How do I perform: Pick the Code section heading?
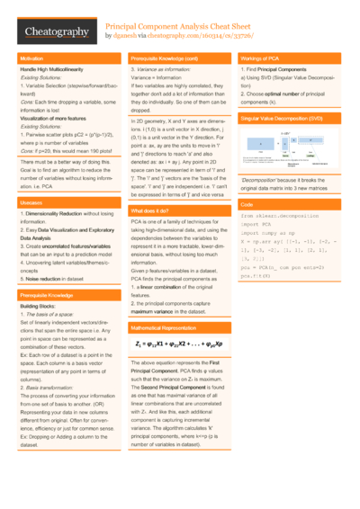tap(247, 205)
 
